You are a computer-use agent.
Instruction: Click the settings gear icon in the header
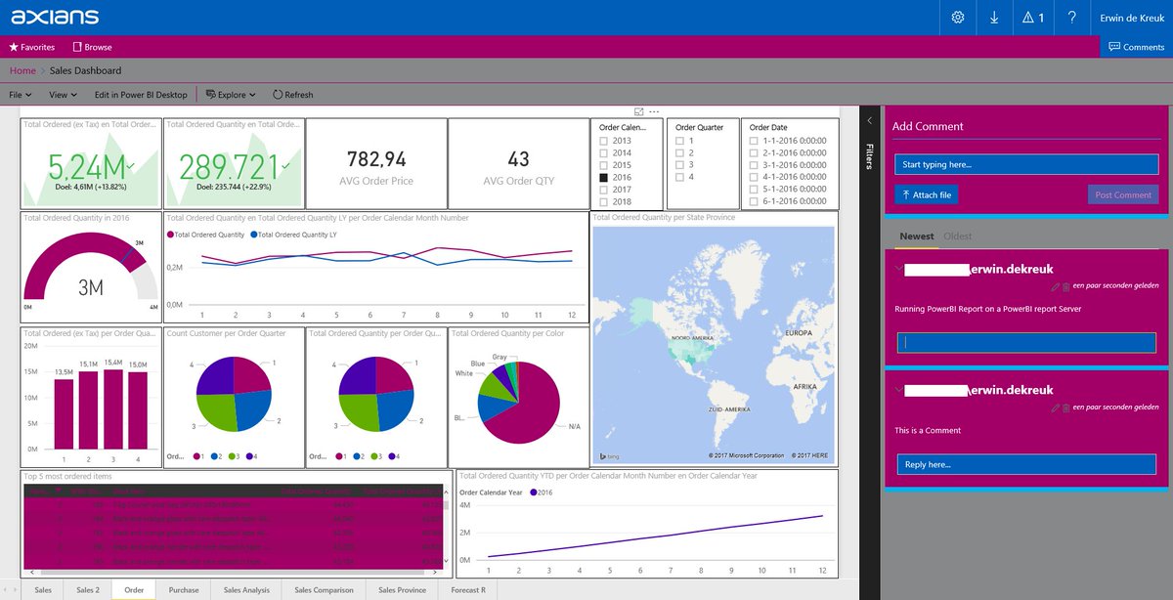pyautogui.click(x=958, y=18)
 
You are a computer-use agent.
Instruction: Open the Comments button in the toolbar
pyautogui.click(x=1136, y=47)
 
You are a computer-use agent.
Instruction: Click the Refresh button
pyautogui.click(x=292, y=95)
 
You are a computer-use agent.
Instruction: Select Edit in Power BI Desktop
pyautogui.click(x=141, y=95)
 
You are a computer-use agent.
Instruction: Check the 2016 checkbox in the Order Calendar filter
pyautogui.click(x=603, y=178)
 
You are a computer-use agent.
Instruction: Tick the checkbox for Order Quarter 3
pyautogui.click(x=679, y=165)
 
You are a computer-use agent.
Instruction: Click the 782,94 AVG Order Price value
pyautogui.click(x=376, y=159)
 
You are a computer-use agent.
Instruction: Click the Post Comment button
pyautogui.click(x=1123, y=194)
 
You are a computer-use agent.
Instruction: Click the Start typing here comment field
pyautogui.click(x=1025, y=164)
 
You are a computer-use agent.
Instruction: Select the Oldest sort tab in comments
pyautogui.click(x=958, y=236)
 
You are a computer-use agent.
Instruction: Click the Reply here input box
pyautogui.click(x=1025, y=464)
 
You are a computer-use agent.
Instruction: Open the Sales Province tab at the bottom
pyautogui.click(x=402, y=590)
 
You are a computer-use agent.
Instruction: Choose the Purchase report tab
pyautogui.click(x=183, y=590)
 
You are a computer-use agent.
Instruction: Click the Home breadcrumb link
pyautogui.click(x=22, y=70)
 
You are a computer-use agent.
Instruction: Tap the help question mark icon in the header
pyautogui.click(x=1072, y=18)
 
